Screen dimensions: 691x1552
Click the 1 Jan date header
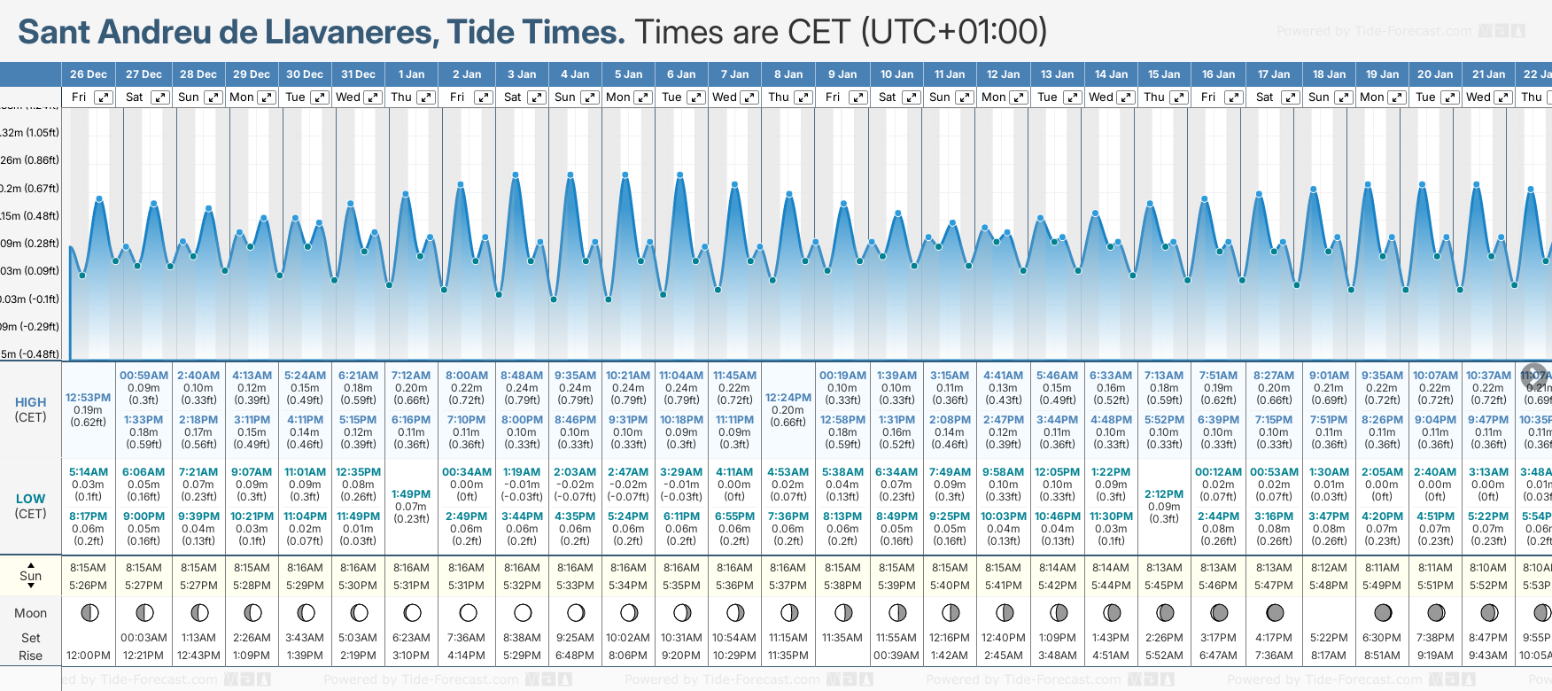click(x=411, y=74)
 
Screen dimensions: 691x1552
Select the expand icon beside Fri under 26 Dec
click(x=104, y=97)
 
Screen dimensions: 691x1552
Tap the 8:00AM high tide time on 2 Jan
click(x=466, y=376)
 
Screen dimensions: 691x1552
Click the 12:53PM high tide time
click(x=88, y=398)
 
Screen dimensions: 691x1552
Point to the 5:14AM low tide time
click(x=88, y=472)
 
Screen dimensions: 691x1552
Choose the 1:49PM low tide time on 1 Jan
click(x=411, y=494)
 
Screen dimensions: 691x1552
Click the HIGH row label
click(x=30, y=402)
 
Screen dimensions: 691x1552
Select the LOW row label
click(x=30, y=499)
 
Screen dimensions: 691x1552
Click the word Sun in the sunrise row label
click(x=30, y=576)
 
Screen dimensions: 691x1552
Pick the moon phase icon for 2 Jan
click(x=468, y=612)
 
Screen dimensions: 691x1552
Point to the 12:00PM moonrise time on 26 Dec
click(x=88, y=656)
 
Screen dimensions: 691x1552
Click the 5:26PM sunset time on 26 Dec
click(x=88, y=586)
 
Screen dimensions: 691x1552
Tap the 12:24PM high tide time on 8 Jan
click(x=788, y=398)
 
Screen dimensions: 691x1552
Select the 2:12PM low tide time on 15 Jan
click(x=1164, y=494)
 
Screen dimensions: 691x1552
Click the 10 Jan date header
click(x=897, y=74)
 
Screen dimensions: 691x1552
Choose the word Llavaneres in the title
click(x=351, y=32)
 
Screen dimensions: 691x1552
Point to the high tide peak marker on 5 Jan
click(x=625, y=175)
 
